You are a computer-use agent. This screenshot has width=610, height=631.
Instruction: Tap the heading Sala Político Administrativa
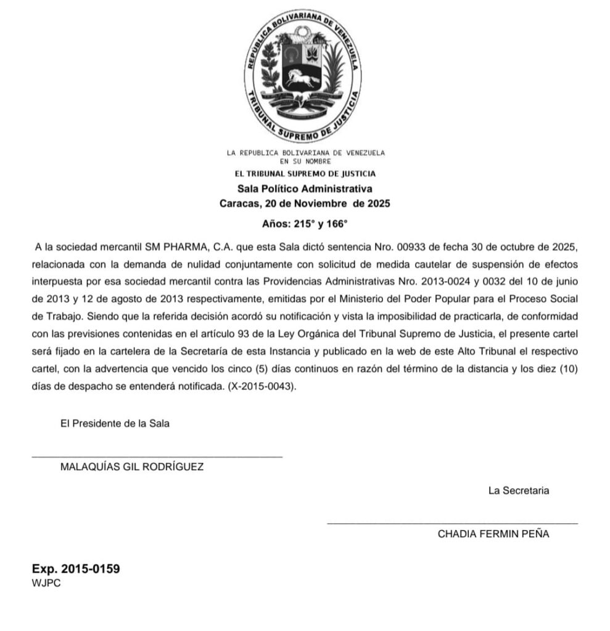pos(305,189)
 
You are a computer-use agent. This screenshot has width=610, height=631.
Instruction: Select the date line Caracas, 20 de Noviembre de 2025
pos(305,203)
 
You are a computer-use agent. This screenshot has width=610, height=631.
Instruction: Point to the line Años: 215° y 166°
pos(305,224)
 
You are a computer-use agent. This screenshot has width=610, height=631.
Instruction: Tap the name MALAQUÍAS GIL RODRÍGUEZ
pos(132,466)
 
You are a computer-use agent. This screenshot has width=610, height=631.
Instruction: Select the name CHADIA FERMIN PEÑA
pos(493,534)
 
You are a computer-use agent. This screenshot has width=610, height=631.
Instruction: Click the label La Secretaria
pos(519,491)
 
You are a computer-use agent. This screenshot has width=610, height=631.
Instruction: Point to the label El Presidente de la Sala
pos(115,424)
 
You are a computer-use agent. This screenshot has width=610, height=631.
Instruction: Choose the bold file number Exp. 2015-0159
pos(76,569)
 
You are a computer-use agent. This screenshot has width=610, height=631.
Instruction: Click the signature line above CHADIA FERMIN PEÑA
pos(452,524)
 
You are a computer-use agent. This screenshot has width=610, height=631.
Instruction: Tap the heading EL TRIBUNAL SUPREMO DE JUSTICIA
pos(305,174)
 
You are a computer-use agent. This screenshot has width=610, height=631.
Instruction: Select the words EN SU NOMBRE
pos(305,161)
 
